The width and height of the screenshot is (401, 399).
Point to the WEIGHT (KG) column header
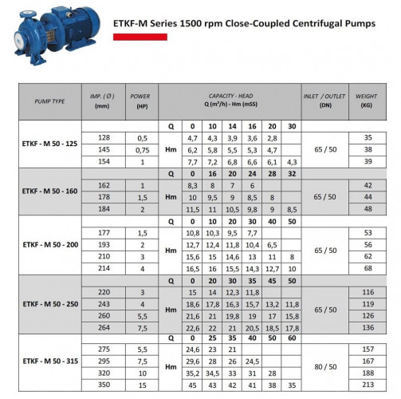368,101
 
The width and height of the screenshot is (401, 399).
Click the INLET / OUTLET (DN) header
324,101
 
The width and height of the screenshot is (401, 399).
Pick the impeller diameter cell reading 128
103,138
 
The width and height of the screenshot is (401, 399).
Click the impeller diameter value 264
103,326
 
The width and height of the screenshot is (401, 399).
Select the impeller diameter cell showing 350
103,384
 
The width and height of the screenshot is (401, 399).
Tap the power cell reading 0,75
143,149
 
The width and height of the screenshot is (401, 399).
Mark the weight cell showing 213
368,384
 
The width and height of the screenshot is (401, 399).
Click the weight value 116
368,293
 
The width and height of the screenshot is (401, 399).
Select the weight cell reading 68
368,269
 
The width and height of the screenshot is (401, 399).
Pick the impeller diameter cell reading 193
103,245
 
